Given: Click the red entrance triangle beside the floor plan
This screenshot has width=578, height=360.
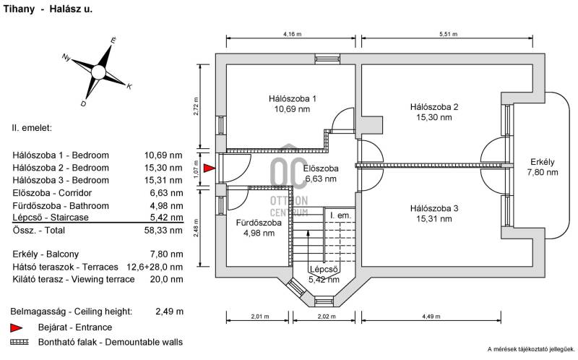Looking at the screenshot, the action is pos(209,168).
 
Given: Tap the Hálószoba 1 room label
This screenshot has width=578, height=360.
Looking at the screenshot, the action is pos(293,99).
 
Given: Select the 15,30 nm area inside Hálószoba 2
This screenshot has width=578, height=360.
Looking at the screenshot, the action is pos(434,117).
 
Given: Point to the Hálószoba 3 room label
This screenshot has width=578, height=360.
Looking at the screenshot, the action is pos(434,208).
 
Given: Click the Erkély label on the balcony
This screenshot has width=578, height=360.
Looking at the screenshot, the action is pos(543,162).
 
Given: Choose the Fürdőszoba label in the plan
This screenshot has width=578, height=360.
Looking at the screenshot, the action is pos(259,223).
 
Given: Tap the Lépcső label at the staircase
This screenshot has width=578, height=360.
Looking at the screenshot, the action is pos(324,269).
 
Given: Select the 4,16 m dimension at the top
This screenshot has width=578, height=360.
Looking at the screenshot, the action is pos(293,34).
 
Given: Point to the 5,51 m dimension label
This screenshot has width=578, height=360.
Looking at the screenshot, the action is pos(448,34).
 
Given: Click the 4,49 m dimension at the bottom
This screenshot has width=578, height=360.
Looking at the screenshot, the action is pos(431,317).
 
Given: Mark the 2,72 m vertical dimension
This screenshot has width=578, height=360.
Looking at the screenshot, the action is pos(196,106).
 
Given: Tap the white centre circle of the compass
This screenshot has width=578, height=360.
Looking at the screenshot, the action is pos(98,72).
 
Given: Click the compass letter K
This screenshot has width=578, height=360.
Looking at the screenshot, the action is pos(129,87).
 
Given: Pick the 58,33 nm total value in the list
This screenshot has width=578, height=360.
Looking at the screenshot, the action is pos(163,231).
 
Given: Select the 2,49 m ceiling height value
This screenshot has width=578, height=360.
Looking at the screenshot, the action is pos(169,312).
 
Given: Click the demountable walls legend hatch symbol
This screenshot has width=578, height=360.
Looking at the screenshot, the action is pos(20,342).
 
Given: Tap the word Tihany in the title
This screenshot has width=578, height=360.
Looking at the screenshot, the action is pos(19,9).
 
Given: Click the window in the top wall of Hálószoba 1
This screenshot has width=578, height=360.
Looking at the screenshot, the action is pos(327,59).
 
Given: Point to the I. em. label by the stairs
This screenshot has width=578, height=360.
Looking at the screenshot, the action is pos(340,215).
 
